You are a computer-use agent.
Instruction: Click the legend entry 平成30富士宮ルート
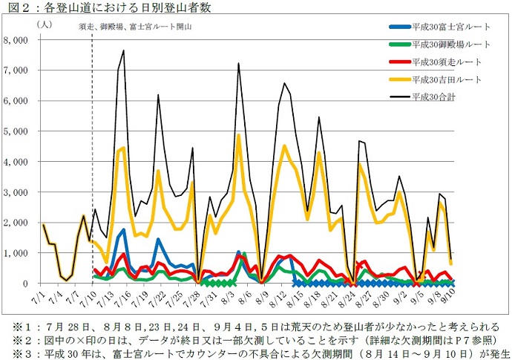(446, 27)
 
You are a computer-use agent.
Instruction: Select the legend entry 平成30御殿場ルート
(446, 45)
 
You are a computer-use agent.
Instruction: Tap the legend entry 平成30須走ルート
(442, 62)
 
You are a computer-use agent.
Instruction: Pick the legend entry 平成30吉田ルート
(442, 79)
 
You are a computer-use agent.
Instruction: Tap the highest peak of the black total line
(123, 50)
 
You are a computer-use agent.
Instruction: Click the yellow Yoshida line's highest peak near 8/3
(238, 135)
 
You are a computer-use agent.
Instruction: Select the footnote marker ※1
(15, 327)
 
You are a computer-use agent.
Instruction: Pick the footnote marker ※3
(15, 352)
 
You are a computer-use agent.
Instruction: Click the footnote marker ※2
(15, 339)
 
